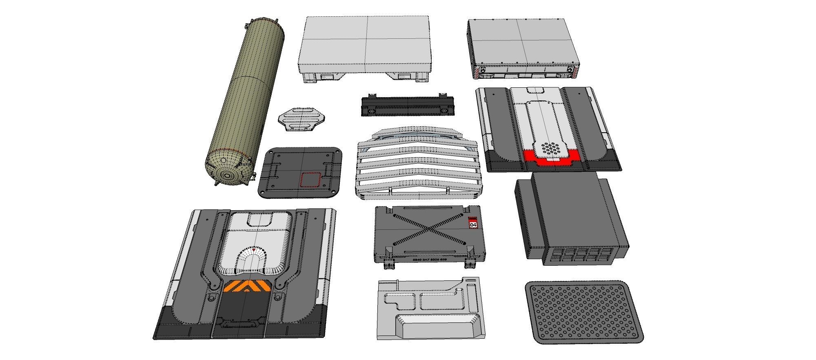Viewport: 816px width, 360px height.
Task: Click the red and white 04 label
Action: [x=473, y=224]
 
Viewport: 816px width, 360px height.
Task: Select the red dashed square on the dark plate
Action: [x=311, y=180]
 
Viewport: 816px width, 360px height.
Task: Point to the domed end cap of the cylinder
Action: [x=226, y=171]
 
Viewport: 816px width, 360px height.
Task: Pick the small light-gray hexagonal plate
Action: [x=302, y=119]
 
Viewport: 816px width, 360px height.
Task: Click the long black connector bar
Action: [x=408, y=106]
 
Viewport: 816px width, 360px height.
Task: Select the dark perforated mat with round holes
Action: [x=583, y=312]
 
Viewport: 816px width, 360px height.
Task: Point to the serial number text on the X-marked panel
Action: [x=430, y=260]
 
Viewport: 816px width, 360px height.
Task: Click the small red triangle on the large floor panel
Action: [x=254, y=249]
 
